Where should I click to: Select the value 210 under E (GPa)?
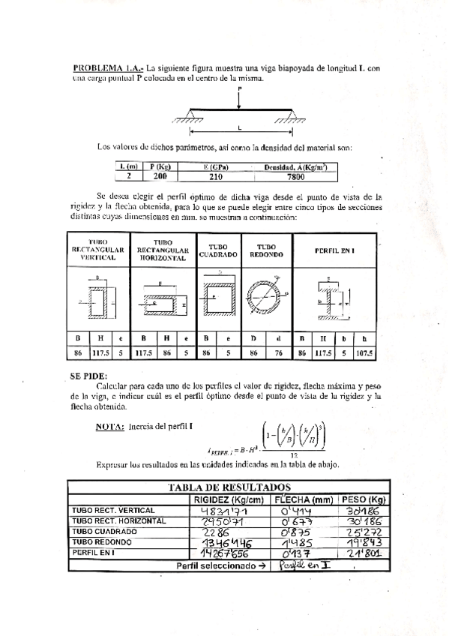(216, 177)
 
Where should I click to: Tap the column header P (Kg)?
(160, 166)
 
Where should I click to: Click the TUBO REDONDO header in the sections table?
(265, 250)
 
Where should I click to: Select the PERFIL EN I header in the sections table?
(334, 250)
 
